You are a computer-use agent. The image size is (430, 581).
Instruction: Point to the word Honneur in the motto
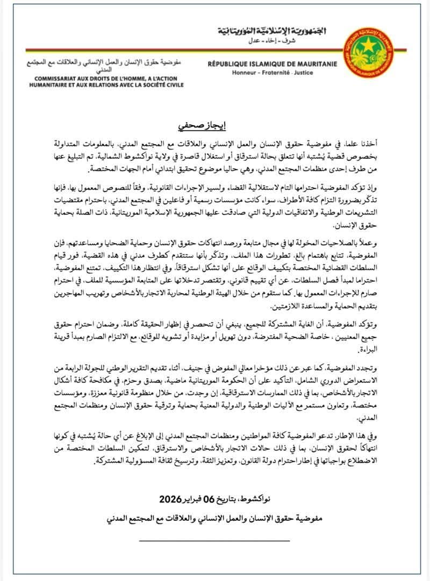(245, 72)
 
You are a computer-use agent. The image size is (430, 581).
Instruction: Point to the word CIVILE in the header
(171, 85)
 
